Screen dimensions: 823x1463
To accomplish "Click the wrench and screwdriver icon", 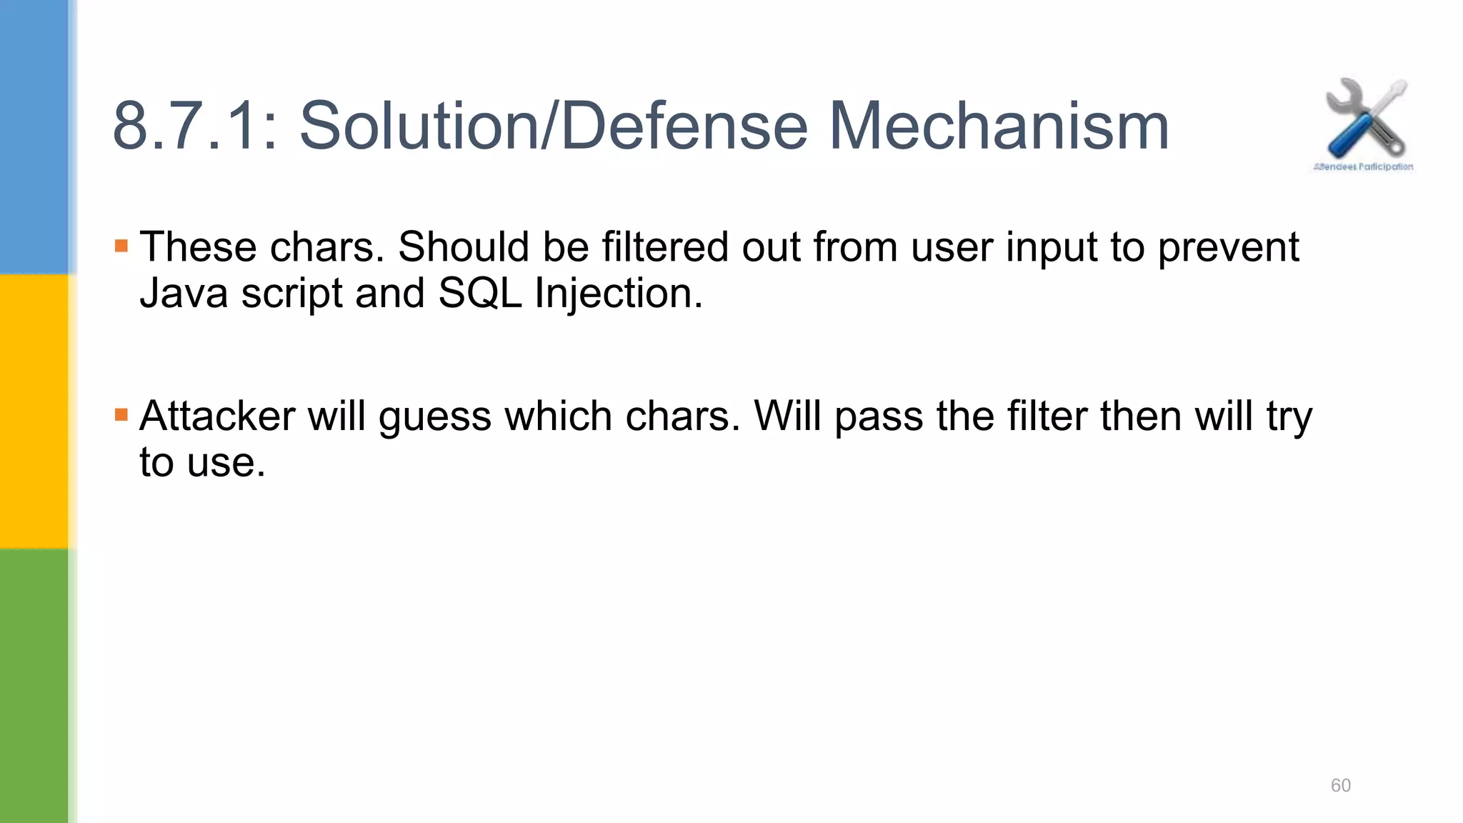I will (1365, 118).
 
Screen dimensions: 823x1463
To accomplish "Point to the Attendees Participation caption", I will (1363, 167).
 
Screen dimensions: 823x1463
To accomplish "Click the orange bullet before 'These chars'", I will (121, 246).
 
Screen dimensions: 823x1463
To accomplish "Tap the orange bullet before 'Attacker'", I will (121, 415).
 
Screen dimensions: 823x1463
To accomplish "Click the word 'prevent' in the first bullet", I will (1228, 249).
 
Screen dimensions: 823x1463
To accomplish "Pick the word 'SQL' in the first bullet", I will (480, 293).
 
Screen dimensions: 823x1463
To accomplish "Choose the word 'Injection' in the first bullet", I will (619, 293).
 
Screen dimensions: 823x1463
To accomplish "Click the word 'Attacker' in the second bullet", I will (217, 416).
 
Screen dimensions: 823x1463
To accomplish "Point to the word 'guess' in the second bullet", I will (435, 417).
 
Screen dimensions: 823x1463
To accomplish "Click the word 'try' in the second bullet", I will (1289, 417).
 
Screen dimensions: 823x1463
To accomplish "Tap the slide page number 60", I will (1340, 785).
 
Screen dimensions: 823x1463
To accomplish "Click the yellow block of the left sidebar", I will (34, 411).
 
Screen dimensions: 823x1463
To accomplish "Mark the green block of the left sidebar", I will (34, 686).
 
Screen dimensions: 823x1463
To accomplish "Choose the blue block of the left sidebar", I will (34, 136).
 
